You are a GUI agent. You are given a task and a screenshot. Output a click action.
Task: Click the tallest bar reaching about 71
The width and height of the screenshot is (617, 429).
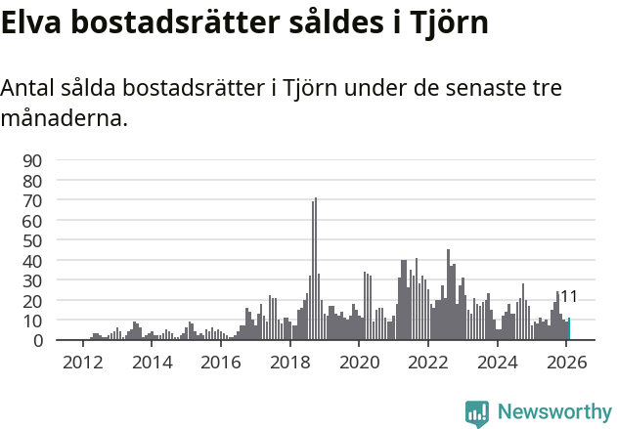(316, 270)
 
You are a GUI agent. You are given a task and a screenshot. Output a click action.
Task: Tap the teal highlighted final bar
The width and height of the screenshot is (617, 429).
(569, 329)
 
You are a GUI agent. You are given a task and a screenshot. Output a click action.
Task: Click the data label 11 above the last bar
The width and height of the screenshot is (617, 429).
(568, 297)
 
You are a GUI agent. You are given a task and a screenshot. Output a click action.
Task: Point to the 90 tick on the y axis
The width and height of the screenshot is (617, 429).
(32, 160)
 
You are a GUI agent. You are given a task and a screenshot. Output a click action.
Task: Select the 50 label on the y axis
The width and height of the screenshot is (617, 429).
(32, 240)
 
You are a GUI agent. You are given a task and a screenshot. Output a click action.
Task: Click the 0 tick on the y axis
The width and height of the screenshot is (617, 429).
(37, 341)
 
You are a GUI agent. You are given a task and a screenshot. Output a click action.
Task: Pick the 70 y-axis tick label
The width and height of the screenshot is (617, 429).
(32, 200)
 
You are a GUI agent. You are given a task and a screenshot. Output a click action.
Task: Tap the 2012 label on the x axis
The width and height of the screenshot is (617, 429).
(82, 363)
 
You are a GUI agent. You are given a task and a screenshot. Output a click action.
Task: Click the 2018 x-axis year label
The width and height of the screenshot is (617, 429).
(289, 363)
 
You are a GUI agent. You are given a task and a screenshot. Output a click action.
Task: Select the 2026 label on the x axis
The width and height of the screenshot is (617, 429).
(567, 363)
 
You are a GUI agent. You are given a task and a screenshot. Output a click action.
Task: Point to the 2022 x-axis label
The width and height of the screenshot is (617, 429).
(428, 363)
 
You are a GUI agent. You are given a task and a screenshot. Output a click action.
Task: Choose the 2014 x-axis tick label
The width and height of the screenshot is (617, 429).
(152, 363)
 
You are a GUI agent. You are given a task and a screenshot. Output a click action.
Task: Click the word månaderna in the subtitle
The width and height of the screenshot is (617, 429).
(65, 120)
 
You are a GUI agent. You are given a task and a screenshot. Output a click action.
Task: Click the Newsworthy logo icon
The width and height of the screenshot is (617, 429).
(477, 412)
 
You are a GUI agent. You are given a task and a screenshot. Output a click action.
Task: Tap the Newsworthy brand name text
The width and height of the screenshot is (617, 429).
(553, 412)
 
